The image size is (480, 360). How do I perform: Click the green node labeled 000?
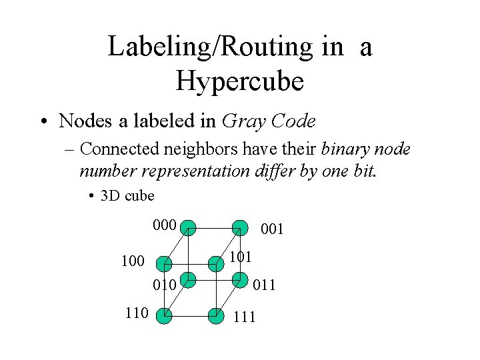[x=189, y=227]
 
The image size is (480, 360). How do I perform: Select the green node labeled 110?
[x=163, y=315]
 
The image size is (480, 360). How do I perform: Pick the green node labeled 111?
[x=215, y=315]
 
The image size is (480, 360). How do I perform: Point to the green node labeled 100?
[x=163, y=263]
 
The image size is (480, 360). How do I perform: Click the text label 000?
[x=164, y=225]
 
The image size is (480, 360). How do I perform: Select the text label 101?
[x=239, y=256]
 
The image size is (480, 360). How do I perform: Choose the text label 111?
[x=245, y=317]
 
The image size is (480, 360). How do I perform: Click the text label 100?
[x=133, y=261]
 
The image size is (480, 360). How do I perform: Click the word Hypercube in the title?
[x=240, y=81]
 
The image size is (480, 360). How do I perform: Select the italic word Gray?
[x=241, y=122]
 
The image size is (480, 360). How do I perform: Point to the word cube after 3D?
[x=139, y=196]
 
